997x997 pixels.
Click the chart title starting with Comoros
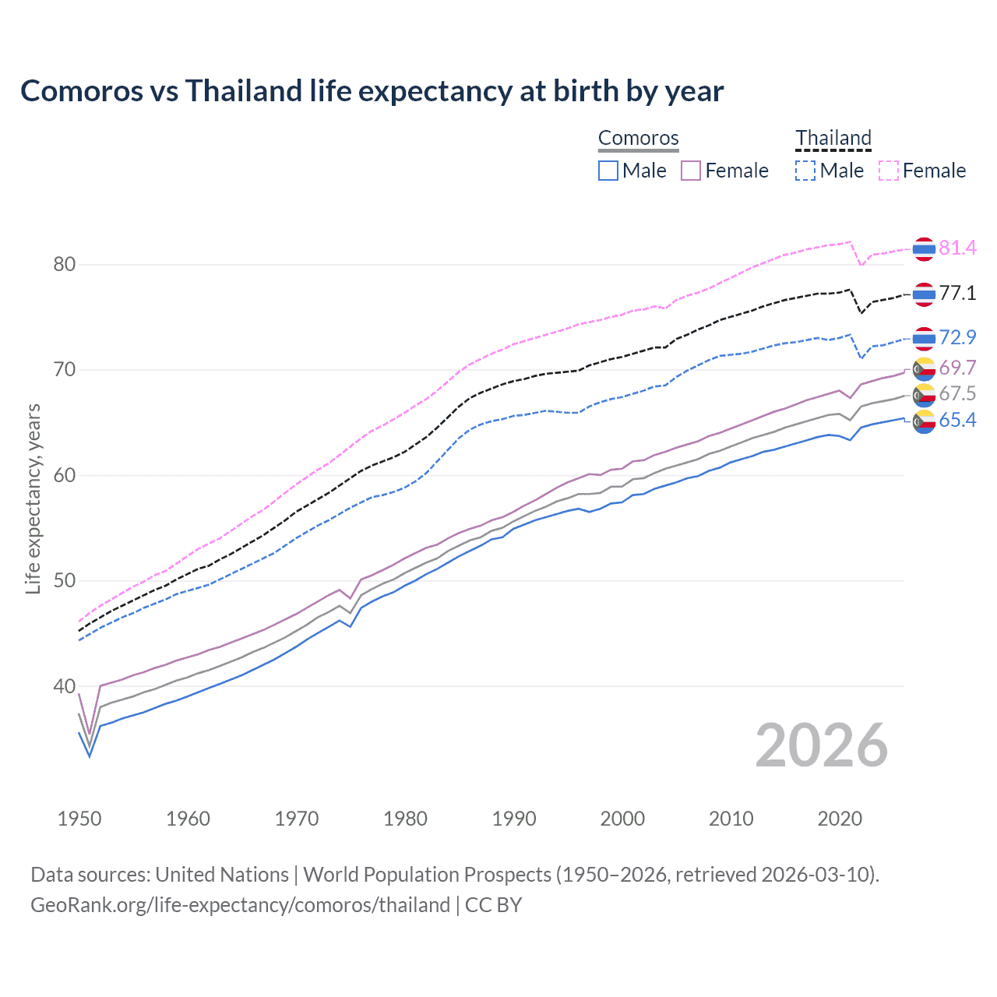[x=372, y=91]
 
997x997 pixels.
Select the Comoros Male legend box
[x=608, y=171]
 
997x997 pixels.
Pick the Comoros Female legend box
[x=691, y=171]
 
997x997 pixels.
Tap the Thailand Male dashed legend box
[x=805, y=171]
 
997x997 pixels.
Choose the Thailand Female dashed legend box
[x=889, y=171]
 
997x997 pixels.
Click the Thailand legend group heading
[x=833, y=138]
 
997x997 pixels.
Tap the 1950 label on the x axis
[x=79, y=819]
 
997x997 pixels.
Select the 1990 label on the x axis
[x=514, y=819]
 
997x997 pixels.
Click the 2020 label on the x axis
[x=840, y=819]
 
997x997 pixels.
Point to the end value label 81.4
[x=957, y=248]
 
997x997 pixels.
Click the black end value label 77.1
[x=957, y=293]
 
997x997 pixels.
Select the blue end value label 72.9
[x=957, y=337]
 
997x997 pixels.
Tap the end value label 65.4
[x=957, y=421]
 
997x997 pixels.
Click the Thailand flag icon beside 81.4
[x=924, y=248]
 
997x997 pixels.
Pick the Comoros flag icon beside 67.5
[x=924, y=395]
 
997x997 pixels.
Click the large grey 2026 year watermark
[x=821, y=745]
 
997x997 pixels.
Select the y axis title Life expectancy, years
[x=33, y=498]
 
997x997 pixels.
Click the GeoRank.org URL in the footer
[x=240, y=905]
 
